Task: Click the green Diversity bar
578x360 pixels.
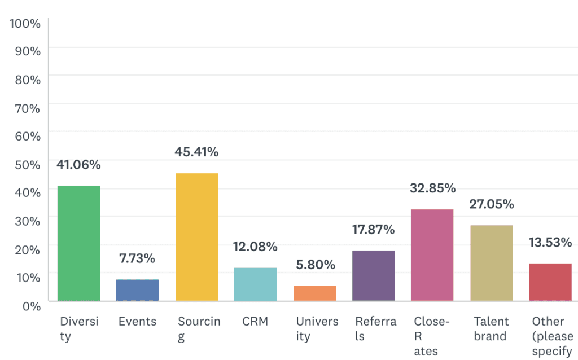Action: click(x=78, y=243)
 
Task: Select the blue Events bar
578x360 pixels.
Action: click(x=137, y=290)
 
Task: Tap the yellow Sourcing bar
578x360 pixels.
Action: click(x=196, y=237)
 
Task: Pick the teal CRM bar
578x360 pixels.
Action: click(x=255, y=284)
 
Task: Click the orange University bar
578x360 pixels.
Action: click(x=315, y=293)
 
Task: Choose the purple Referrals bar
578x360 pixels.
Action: click(x=374, y=275)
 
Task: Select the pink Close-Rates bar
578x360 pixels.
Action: click(x=432, y=255)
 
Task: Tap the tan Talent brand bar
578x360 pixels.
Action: click(x=492, y=263)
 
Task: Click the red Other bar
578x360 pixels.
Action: click(x=550, y=282)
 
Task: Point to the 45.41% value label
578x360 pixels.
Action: click(x=196, y=152)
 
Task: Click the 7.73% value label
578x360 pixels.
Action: click(x=137, y=259)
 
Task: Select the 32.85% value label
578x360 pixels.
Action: click(x=432, y=188)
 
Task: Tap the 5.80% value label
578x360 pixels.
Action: click(x=315, y=265)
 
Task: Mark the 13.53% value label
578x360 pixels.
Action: click(x=550, y=243)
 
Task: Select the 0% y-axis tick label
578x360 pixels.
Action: click(x=30, y=306)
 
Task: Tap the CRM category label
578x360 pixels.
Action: click(x=255, y=322)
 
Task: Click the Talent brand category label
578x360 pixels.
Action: click(x=492, y=328)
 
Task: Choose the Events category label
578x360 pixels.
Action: click(x=137, y=322)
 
